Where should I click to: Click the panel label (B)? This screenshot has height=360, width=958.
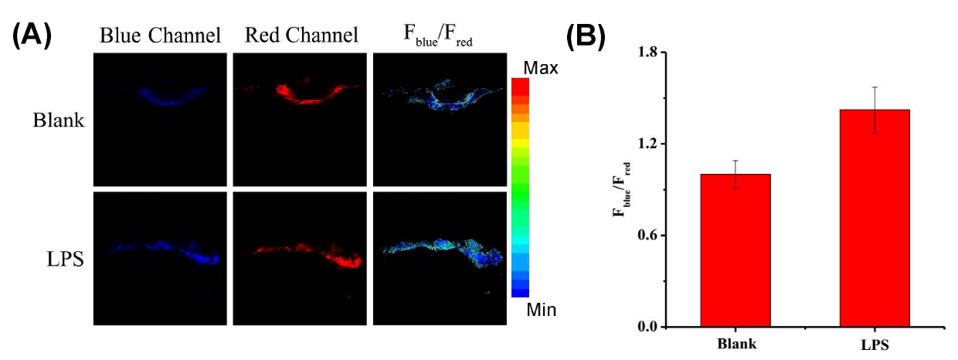click(x=586, y=36)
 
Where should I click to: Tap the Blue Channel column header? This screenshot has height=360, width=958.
click(x=160, y=36)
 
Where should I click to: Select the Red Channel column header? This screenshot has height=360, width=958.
click(x=301, y=36)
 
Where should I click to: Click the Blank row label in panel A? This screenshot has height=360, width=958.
click(x=58, y=121)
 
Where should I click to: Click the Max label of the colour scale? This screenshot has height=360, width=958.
click(x=541, y=68)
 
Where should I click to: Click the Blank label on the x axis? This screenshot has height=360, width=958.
click(x=735, y=345)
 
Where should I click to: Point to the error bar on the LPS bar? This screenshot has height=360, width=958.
click(x=875, y=110)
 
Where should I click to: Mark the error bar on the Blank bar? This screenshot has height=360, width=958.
click(x=735, y=174)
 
